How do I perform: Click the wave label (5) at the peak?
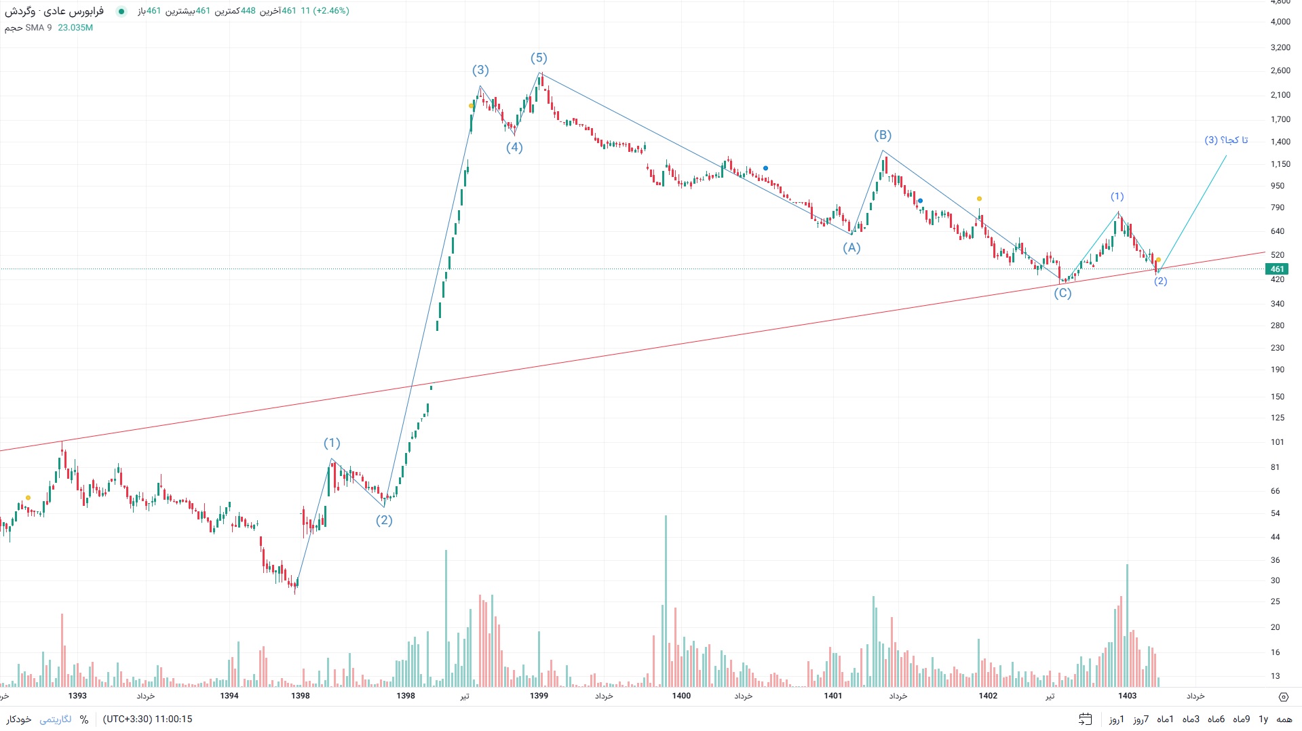click(539, 58)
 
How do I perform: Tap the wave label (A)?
click(851, 248)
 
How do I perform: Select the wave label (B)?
click(883, 136)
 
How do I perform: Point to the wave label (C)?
click(1062, 293)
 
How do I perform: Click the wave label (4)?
click(514, 148)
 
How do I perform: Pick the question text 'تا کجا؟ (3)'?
click(1226, 140)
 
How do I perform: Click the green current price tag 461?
click(1277, 269)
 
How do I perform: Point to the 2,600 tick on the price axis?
click(1280, 71)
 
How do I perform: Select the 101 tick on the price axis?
click(1278, 442)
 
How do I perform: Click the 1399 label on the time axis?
click(539, 696)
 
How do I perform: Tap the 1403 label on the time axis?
click(1127, 696)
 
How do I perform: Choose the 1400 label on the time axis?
click(681, 696)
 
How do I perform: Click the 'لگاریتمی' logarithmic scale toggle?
click(56, 719)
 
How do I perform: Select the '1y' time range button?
click(1263, 719)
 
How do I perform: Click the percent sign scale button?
click(84, 719)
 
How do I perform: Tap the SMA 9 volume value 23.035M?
click(75, 28)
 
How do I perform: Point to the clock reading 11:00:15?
click(174, 719)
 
